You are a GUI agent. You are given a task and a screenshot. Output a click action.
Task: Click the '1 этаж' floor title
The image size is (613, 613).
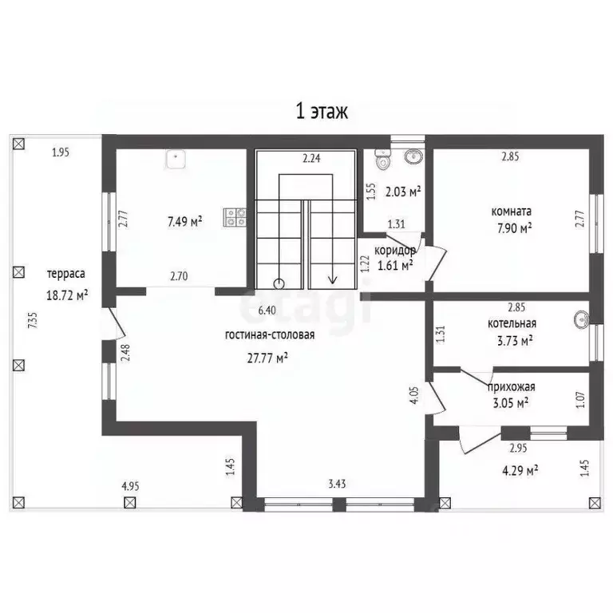pos(322,112)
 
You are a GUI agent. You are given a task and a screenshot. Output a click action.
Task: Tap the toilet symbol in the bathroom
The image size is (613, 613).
pos(382,159)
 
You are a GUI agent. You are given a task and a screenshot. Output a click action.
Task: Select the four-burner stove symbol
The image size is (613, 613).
pos(235,218)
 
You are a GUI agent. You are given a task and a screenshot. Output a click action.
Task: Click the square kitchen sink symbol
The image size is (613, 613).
pos(176,159)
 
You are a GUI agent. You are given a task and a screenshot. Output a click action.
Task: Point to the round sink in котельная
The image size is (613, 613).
pos(582,319)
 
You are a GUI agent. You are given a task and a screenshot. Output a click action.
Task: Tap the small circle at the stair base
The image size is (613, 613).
pos(279,283)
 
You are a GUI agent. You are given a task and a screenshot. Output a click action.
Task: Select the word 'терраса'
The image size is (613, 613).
pos(66,274)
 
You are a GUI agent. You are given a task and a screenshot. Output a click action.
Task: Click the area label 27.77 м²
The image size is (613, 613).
pos(268,358)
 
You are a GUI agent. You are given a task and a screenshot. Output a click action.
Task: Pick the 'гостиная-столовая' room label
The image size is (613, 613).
pos(270,335)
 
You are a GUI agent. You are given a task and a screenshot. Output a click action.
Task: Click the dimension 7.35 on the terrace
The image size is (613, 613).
pos(34,320)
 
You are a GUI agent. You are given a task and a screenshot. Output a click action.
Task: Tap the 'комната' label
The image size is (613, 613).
pos(512,212)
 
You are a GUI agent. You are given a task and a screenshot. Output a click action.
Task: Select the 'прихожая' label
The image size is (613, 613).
pos(511,387)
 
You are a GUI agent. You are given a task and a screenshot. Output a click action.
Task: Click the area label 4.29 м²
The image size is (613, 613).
pos(520,470)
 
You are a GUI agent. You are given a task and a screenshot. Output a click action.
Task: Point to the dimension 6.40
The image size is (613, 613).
pos(267,310)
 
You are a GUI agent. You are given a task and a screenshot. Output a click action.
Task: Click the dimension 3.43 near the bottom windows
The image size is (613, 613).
pos(337,484)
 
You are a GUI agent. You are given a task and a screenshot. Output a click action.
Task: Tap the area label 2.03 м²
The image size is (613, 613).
pos(403,192)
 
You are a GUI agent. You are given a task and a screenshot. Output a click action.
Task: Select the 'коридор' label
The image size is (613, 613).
pos(395,250)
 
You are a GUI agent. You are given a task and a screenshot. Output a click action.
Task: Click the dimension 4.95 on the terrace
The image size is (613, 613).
pos(130,486)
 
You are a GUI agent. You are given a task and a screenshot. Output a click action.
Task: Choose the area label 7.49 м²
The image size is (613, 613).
pos(185,222)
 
